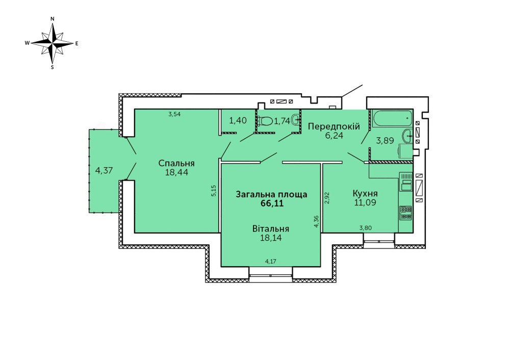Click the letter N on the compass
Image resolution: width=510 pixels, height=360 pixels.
pyautogui.click(x=53, y=19)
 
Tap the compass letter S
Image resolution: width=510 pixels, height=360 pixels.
pyautogui.click(x=53, y=67)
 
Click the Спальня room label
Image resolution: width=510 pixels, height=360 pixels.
pyautogui.click(x=177, y=163)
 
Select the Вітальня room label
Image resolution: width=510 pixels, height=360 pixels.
pyautogui.click(x=271, y=228)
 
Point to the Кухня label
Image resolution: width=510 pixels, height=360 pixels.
pyautogui.click(x=365, y=194)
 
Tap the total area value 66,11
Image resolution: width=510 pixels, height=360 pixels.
pyautogui.click(x=271, y=203)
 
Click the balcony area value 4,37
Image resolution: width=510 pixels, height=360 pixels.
pyautogui.click(x=104, y=170)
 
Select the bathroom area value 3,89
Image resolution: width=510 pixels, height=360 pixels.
pyautogui.click(x=385, y=141)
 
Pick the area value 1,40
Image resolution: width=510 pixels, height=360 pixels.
pyautogui.click(x=237, y=121)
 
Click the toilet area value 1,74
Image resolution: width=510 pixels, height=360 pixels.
pyautogui.click(x=282, y=121)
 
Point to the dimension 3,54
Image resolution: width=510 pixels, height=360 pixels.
pyautogui.click(x=174, y=114)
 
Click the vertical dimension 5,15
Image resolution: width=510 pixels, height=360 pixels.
pyautogui.click(x=214, y=191)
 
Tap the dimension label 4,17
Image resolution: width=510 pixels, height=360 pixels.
pyautogui.click(x=271, y=262)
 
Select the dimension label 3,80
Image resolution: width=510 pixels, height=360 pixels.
pyautogui.click(x=365, y=228)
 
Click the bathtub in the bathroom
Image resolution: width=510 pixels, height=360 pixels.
pyautogui.click(x=392, y=119)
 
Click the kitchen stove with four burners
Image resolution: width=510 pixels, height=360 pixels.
pyautogui.click(x=405, y=212)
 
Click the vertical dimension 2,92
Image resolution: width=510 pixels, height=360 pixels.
pyautogui.click(x=327, y=198)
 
